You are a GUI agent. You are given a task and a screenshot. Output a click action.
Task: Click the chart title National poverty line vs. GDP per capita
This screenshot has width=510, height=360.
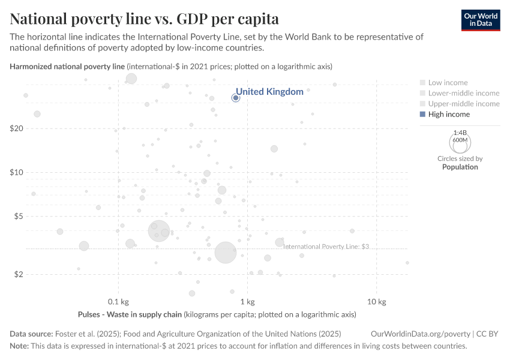144,18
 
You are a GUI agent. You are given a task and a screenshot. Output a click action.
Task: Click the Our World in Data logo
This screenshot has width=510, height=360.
481,20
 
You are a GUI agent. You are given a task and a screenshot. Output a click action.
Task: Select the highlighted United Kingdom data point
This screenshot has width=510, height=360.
236,98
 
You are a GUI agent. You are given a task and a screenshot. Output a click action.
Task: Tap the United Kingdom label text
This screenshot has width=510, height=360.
269,92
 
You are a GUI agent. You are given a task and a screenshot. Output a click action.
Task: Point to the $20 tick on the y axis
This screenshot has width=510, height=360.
16,128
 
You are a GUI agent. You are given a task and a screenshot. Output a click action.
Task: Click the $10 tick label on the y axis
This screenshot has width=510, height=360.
16,172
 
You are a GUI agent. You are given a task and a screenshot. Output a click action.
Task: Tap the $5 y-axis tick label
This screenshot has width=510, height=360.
18,216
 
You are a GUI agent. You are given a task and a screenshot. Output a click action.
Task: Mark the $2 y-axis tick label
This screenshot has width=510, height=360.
18,274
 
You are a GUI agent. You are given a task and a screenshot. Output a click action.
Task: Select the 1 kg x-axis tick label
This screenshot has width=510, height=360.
247,302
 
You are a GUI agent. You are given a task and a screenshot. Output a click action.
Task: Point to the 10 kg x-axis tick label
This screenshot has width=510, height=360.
376,302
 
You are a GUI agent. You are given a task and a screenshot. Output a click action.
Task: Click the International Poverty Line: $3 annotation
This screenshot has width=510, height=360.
326,246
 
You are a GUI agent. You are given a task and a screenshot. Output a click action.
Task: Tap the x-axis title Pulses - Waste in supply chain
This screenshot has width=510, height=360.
130,314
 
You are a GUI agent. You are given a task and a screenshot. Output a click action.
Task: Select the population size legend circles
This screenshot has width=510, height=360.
460,142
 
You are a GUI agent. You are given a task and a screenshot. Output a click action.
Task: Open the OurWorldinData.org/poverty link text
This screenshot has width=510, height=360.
421,334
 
